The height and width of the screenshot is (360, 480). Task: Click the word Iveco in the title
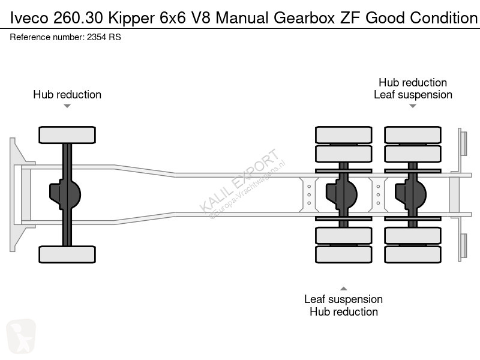point(29,18)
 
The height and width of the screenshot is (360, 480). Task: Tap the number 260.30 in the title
point(78,18)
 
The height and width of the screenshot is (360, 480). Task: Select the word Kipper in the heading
point(131,19)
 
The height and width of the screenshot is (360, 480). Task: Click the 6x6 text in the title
point(173,18)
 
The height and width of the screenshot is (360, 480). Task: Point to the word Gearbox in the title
point(304,18)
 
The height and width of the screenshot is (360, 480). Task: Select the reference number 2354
point(97,37)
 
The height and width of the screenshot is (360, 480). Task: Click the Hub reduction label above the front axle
point(67,95)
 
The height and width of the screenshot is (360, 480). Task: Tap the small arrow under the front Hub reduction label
point(67,106)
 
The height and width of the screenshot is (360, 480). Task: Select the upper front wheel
point(67,134)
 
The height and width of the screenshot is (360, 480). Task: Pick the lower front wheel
point(67,254)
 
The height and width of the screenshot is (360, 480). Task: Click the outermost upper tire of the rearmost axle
point(413,134)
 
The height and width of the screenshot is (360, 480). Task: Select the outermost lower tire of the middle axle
point(343,254)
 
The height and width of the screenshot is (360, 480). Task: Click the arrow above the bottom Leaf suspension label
point(343,289)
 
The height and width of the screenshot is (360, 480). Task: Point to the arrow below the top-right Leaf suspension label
point(413,106)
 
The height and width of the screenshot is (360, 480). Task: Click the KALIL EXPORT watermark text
point(239,181)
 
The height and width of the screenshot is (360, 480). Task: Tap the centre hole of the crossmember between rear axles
point(378,194)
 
